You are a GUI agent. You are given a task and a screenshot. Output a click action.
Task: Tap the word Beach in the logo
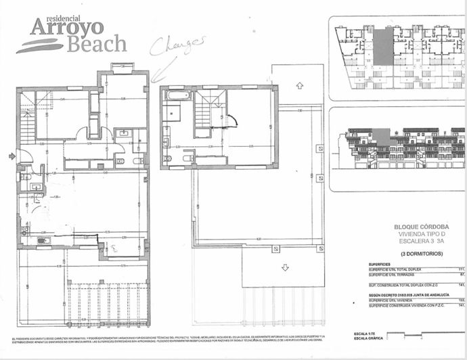96,45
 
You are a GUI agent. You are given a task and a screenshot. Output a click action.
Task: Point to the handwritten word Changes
177,45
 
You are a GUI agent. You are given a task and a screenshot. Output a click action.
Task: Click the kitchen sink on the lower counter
43,240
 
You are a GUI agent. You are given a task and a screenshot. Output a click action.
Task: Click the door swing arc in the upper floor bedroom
234,121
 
